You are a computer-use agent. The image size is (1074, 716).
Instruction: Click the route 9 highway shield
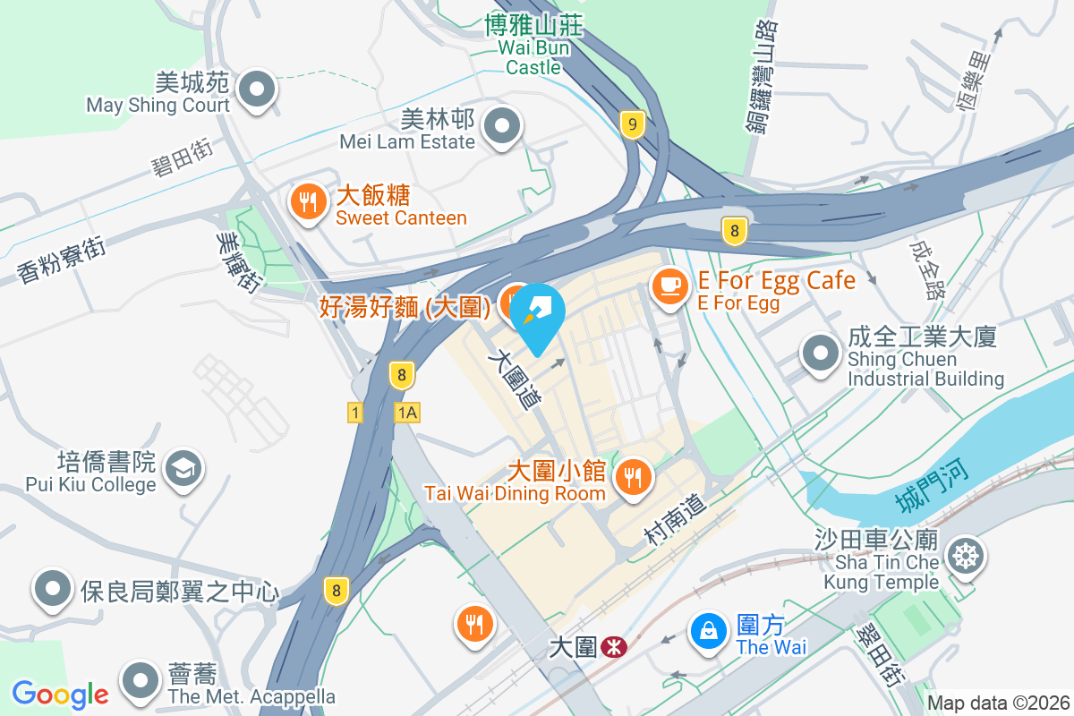[632, 125]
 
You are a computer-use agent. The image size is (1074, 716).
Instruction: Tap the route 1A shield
[407, 412]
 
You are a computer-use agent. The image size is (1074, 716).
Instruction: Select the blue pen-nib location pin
[536, 314]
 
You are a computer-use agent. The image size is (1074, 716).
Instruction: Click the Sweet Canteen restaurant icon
[309, 203]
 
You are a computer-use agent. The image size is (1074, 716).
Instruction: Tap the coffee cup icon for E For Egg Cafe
[669, 286]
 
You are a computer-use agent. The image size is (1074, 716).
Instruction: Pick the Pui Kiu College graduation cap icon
[185, 467]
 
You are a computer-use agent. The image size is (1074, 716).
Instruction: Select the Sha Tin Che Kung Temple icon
[966, 557]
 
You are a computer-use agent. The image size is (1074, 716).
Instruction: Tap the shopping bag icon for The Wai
[709, 630]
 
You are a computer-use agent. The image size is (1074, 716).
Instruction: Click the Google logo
[60, 695]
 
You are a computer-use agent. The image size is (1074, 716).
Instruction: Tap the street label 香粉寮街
[61, 259]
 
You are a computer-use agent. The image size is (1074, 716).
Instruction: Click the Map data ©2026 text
[998, 703]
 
